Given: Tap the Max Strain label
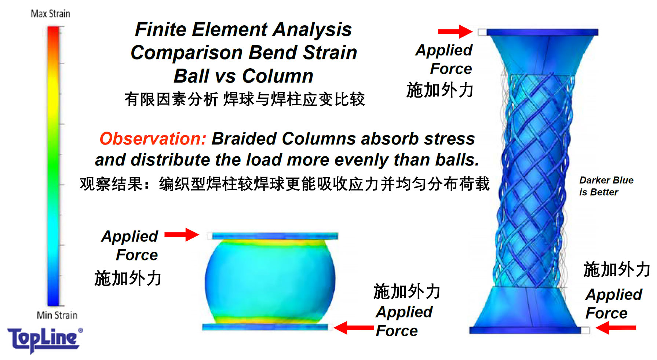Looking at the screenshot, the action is [x=51, y=14].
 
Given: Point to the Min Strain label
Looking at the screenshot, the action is [x=57, y=315].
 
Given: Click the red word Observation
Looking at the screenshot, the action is [x=153, y=139].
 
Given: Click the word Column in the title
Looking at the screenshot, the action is [x=278, y=76].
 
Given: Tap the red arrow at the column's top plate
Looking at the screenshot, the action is [x=455, y=32].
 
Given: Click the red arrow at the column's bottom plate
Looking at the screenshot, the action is [x=616, y=328].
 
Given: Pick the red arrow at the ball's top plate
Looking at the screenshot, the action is [x=182, y=234].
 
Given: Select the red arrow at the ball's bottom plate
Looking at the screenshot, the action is [x=354, y=328].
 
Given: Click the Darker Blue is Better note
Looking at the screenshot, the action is [x=606, y=186].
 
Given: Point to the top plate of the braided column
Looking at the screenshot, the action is [x=542, y=32].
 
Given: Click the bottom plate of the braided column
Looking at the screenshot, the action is [x=525, y=330].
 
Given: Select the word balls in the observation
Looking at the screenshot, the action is [x=457, y=160].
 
